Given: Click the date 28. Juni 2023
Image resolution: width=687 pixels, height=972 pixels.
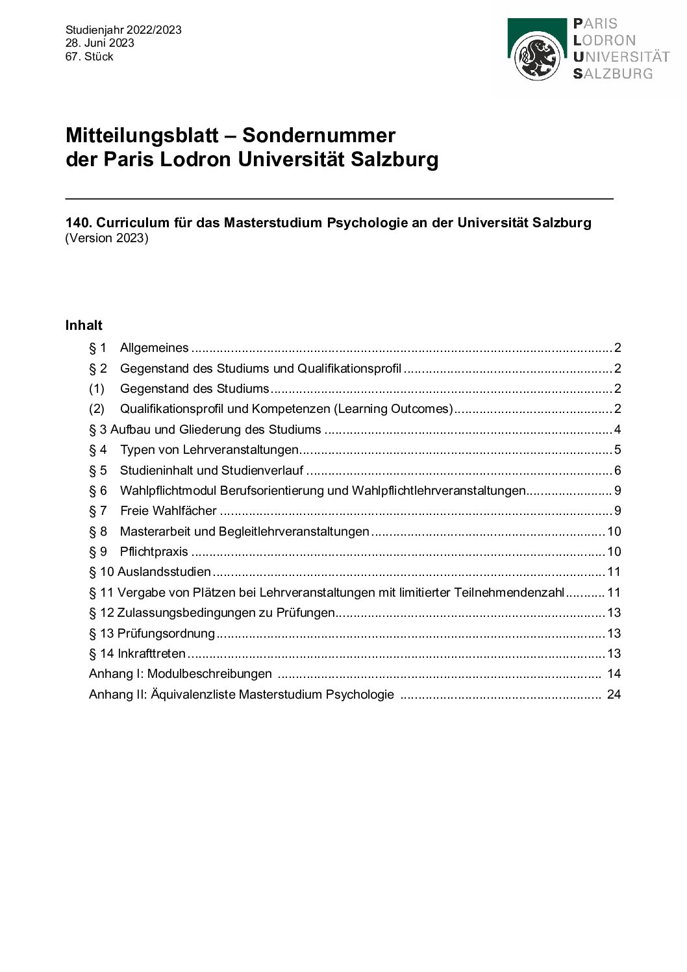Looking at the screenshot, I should click(99, 43).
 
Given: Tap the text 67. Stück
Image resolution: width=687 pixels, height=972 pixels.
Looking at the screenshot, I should click(89, 56).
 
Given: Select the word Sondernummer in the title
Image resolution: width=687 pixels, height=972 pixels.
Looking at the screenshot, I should click(318, 135).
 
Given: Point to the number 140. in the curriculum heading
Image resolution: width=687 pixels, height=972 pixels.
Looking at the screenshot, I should click(78, 223).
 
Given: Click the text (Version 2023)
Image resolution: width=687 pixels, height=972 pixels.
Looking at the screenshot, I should click(107, 238).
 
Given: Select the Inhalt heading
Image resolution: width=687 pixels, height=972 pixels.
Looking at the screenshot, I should click(84, 325).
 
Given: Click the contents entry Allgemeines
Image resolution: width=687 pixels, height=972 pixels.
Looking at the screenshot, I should click(154, 348).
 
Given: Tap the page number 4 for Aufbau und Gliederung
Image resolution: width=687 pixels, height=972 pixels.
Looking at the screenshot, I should click(618, 430).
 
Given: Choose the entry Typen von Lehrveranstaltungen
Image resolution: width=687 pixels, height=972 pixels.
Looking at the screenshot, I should click(209, 450).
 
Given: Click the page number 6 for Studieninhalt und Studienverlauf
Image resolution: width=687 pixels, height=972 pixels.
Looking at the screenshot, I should click(618, 471).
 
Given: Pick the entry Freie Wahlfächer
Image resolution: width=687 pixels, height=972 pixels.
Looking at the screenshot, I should click(168, 511).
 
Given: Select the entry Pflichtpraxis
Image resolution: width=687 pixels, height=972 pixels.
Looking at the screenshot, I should click(154, 552).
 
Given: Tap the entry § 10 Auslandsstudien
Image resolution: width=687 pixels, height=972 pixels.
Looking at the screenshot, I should click(150, 572).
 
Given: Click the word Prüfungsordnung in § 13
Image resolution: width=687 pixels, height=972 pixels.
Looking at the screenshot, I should click(166, 633).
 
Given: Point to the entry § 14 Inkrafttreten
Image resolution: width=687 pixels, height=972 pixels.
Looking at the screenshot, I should click(137, 654).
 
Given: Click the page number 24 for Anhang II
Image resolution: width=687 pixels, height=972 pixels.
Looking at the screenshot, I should click(614, 695).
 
